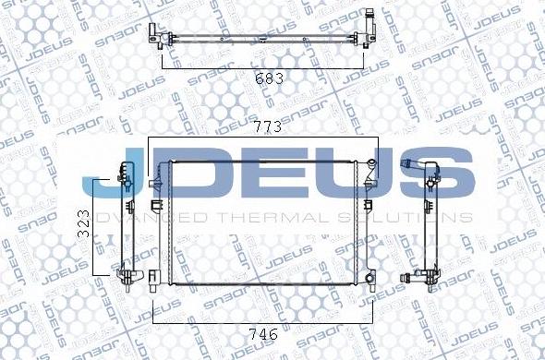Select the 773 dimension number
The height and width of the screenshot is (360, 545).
268,125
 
